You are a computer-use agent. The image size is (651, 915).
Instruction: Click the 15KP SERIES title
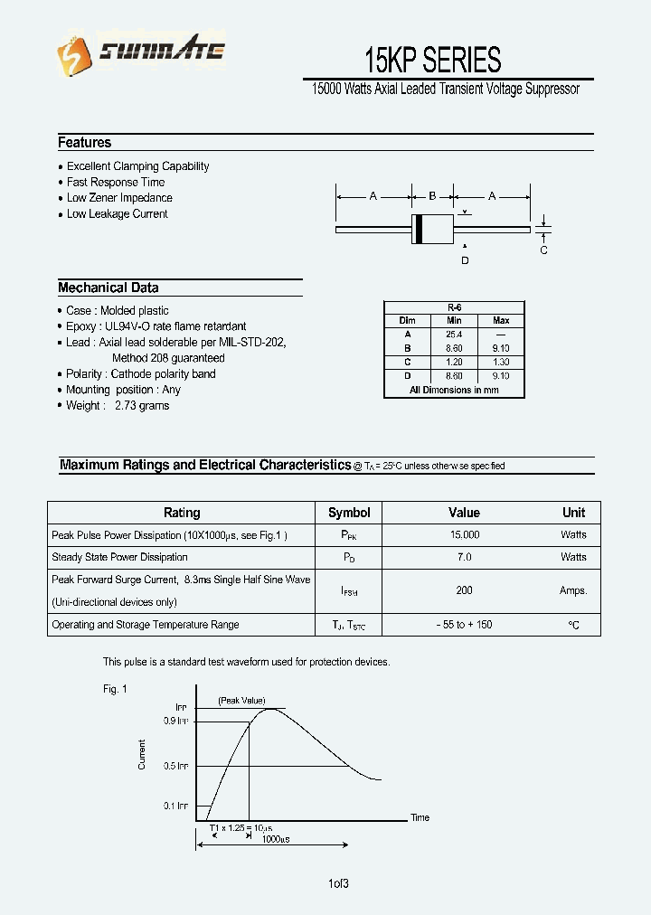(x=432, y=60)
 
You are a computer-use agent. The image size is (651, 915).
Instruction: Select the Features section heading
(x=85, y=143)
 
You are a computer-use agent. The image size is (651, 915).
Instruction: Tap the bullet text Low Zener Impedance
(x=119, y=198)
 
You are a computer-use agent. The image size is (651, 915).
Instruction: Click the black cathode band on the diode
(x=418, y=230)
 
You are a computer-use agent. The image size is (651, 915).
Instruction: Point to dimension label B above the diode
(x=432, y=196)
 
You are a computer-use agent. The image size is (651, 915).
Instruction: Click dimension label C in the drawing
(x=543, y=250)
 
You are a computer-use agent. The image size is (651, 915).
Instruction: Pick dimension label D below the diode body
(x=465, y=260)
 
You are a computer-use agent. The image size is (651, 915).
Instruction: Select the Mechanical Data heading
(x=108, y=288)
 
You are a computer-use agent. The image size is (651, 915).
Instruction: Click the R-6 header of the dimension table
(x=454, y=307)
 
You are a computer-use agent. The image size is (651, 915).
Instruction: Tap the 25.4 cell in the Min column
(x=454, y=335)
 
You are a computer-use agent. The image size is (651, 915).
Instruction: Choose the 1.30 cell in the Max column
(x=501, y=362)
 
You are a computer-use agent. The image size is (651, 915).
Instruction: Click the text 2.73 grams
(x=142, y=406)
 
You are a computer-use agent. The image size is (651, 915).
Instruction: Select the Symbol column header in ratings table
(x=349, y=513)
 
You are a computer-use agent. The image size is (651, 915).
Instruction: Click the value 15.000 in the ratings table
(x=464, y=535)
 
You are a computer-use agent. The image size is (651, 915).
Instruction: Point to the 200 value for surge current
(x=464, y=590)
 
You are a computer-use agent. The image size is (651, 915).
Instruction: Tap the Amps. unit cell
(x=573, y=590)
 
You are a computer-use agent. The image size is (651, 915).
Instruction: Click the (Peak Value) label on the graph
(x=241, y=701)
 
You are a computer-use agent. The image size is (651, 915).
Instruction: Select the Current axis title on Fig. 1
(x=142, y=754)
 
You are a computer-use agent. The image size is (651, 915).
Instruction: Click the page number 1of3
(x=339, y=883)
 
